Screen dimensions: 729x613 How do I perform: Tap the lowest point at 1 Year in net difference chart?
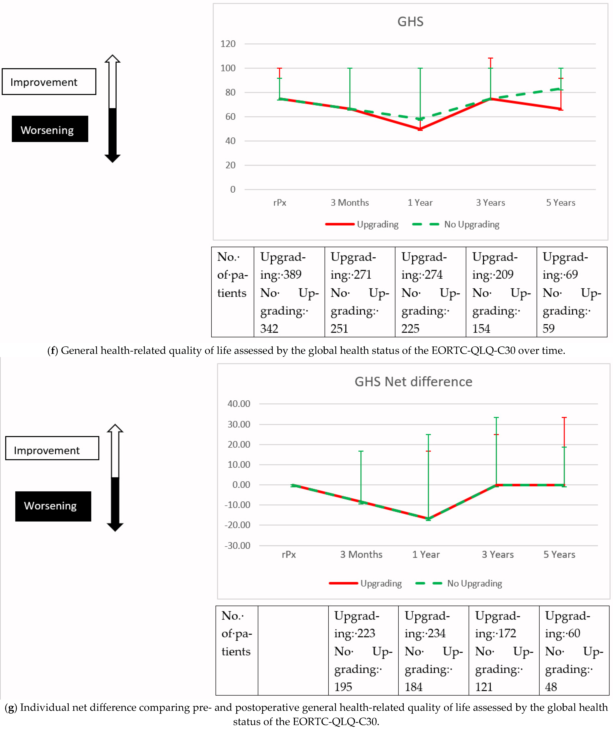pos(428,519)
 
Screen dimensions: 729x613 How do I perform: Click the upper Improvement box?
pos(49,82)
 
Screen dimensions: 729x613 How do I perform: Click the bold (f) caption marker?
pos(52,351)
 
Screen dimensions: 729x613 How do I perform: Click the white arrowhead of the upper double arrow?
pos(113,59)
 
